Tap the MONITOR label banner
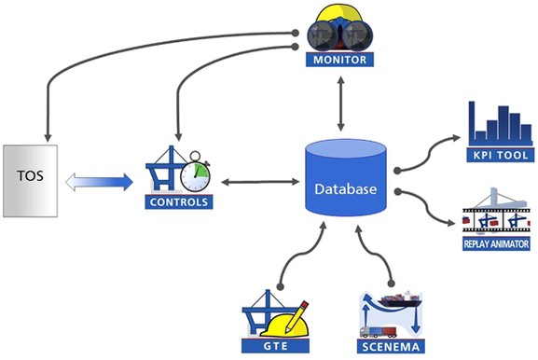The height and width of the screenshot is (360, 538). pyautogui.click(x=339, y=61)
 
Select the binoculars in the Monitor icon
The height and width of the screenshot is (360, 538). pyautogui.click(x=339, y=33)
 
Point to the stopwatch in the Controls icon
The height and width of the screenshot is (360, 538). pyautogui.click(x=193, y=173)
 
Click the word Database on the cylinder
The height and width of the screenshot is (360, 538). pyautogui.click(x=345, y=188)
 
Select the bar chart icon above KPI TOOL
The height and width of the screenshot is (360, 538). pyautogui.click(x=496, y=119)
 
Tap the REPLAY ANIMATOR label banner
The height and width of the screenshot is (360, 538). pyautogui.click(x=500, y=244)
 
